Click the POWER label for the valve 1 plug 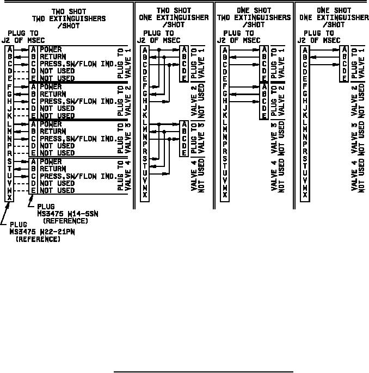(51, 49)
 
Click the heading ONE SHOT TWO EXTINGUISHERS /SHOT (254, 17)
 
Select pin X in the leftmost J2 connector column (9, 198)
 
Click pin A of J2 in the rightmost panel (305, 49)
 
